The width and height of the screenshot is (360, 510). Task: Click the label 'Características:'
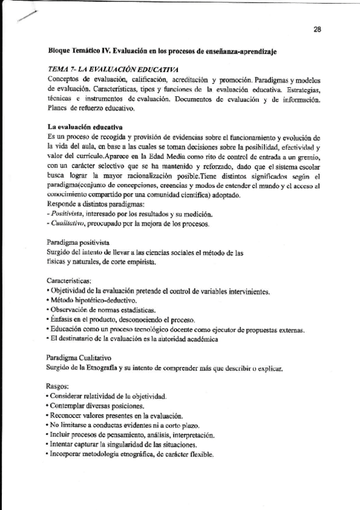[x=69, y=281]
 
